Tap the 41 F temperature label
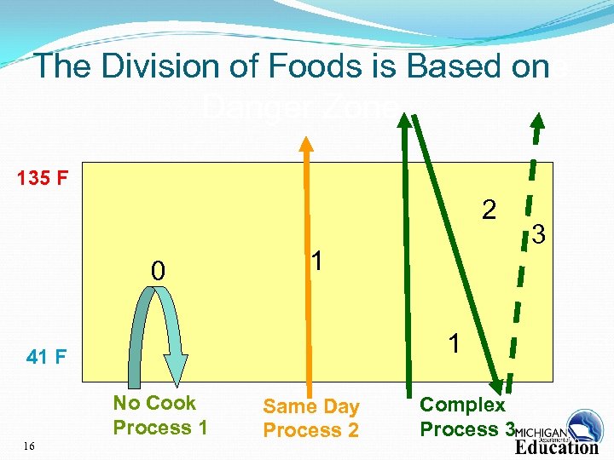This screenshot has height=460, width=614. click(47, 357)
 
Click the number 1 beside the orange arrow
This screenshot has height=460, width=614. click(316, 262)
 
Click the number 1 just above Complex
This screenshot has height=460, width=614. click(455, 343)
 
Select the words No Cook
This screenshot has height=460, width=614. click(154, 403)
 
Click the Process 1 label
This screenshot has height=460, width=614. click(160, 428)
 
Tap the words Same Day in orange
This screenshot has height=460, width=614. click(311, 407)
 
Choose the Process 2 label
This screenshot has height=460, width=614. click(311, 431)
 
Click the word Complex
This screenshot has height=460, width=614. click(462, 405)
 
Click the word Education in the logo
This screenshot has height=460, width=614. click(557, 447)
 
